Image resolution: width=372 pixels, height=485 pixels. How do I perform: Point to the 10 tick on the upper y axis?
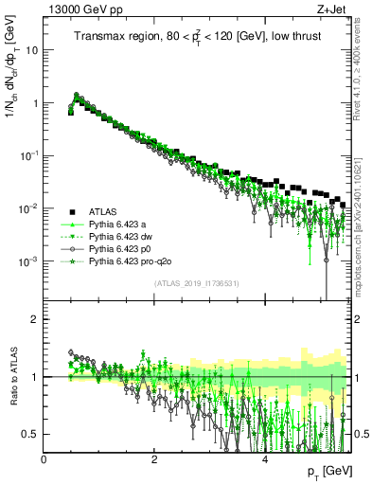click(30, 50)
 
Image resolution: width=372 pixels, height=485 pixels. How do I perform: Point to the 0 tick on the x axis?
click(44, 459)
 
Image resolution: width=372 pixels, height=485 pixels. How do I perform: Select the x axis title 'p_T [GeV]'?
click(325, 472)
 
